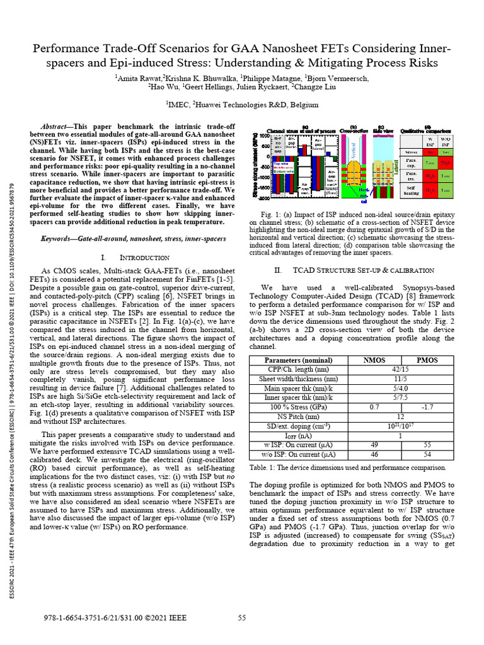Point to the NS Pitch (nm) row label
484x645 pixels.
point(297,417)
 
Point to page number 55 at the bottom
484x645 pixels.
point(241,618)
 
